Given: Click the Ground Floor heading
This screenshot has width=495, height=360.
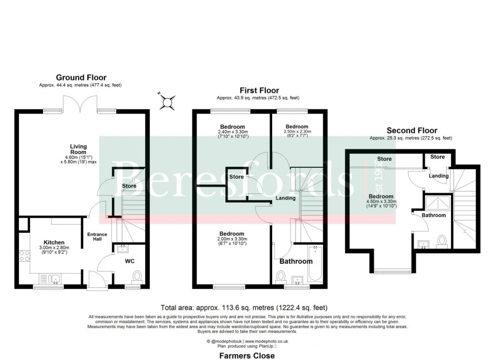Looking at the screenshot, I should pos(81,77).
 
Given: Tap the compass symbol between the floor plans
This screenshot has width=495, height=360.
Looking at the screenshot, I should pos(168,102).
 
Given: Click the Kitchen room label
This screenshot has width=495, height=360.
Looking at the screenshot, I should pos(54,242).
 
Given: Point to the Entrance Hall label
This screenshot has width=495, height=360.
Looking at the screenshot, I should pos(97,238).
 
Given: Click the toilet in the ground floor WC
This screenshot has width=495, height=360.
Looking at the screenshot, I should pos(137,276).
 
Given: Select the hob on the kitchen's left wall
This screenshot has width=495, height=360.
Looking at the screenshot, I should pos(24,256).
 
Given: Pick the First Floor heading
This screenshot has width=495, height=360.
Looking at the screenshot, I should pos(260,90).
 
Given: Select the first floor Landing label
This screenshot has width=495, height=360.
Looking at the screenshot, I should pos(286,198).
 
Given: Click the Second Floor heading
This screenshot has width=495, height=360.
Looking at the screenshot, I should pos(411,131).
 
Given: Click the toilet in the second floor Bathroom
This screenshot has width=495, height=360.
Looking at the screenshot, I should pos(442,241).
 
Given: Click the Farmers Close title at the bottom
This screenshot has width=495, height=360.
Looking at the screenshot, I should pos(247,356).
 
